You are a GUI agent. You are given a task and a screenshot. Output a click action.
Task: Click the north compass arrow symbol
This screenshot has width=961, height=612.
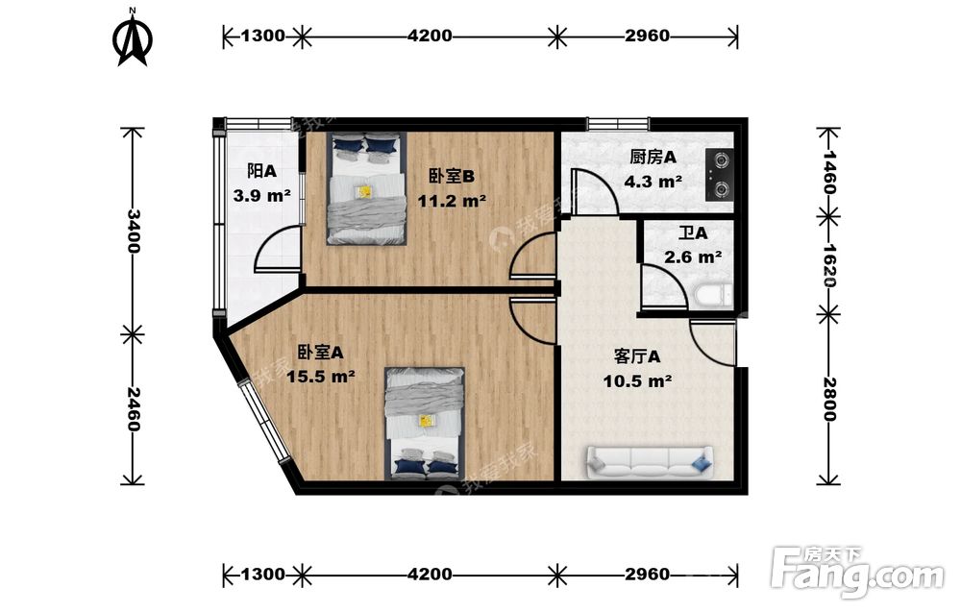(132, 38)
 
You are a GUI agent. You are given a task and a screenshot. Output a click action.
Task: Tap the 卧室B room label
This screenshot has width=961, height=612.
(451, 177)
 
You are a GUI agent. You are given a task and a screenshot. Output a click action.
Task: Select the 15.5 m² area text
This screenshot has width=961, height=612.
(321, 377)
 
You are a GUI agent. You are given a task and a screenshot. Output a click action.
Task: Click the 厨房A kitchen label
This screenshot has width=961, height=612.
(653, 158)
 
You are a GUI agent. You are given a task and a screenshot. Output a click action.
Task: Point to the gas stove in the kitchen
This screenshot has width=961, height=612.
(719, 175)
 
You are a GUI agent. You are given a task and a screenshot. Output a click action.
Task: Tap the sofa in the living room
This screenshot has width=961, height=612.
(651, 462)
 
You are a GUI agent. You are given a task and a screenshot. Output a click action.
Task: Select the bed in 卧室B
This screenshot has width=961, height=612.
(367, 188)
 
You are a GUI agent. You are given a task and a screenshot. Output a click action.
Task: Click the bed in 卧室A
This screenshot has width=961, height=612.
(425, 424)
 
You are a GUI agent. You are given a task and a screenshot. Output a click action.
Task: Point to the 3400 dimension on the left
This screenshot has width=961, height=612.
(133, 231)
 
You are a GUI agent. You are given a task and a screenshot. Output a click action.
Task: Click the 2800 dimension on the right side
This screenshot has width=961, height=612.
(829, 399)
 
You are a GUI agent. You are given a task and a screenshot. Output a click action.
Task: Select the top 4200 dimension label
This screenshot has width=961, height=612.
(430, 36)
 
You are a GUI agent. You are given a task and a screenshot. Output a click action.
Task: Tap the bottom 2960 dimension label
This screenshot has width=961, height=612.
(647, 574)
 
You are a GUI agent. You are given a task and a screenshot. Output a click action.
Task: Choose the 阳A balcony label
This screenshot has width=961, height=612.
(261, 171)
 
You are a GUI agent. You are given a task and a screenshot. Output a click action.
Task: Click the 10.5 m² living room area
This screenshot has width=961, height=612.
(637, 381)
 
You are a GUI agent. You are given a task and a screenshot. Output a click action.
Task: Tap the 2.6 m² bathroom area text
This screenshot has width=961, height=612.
(693, 257)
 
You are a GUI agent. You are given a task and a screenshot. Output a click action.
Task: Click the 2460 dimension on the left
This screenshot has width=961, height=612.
(133, 408)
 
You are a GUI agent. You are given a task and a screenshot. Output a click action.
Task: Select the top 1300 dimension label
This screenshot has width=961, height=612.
(263, 36)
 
